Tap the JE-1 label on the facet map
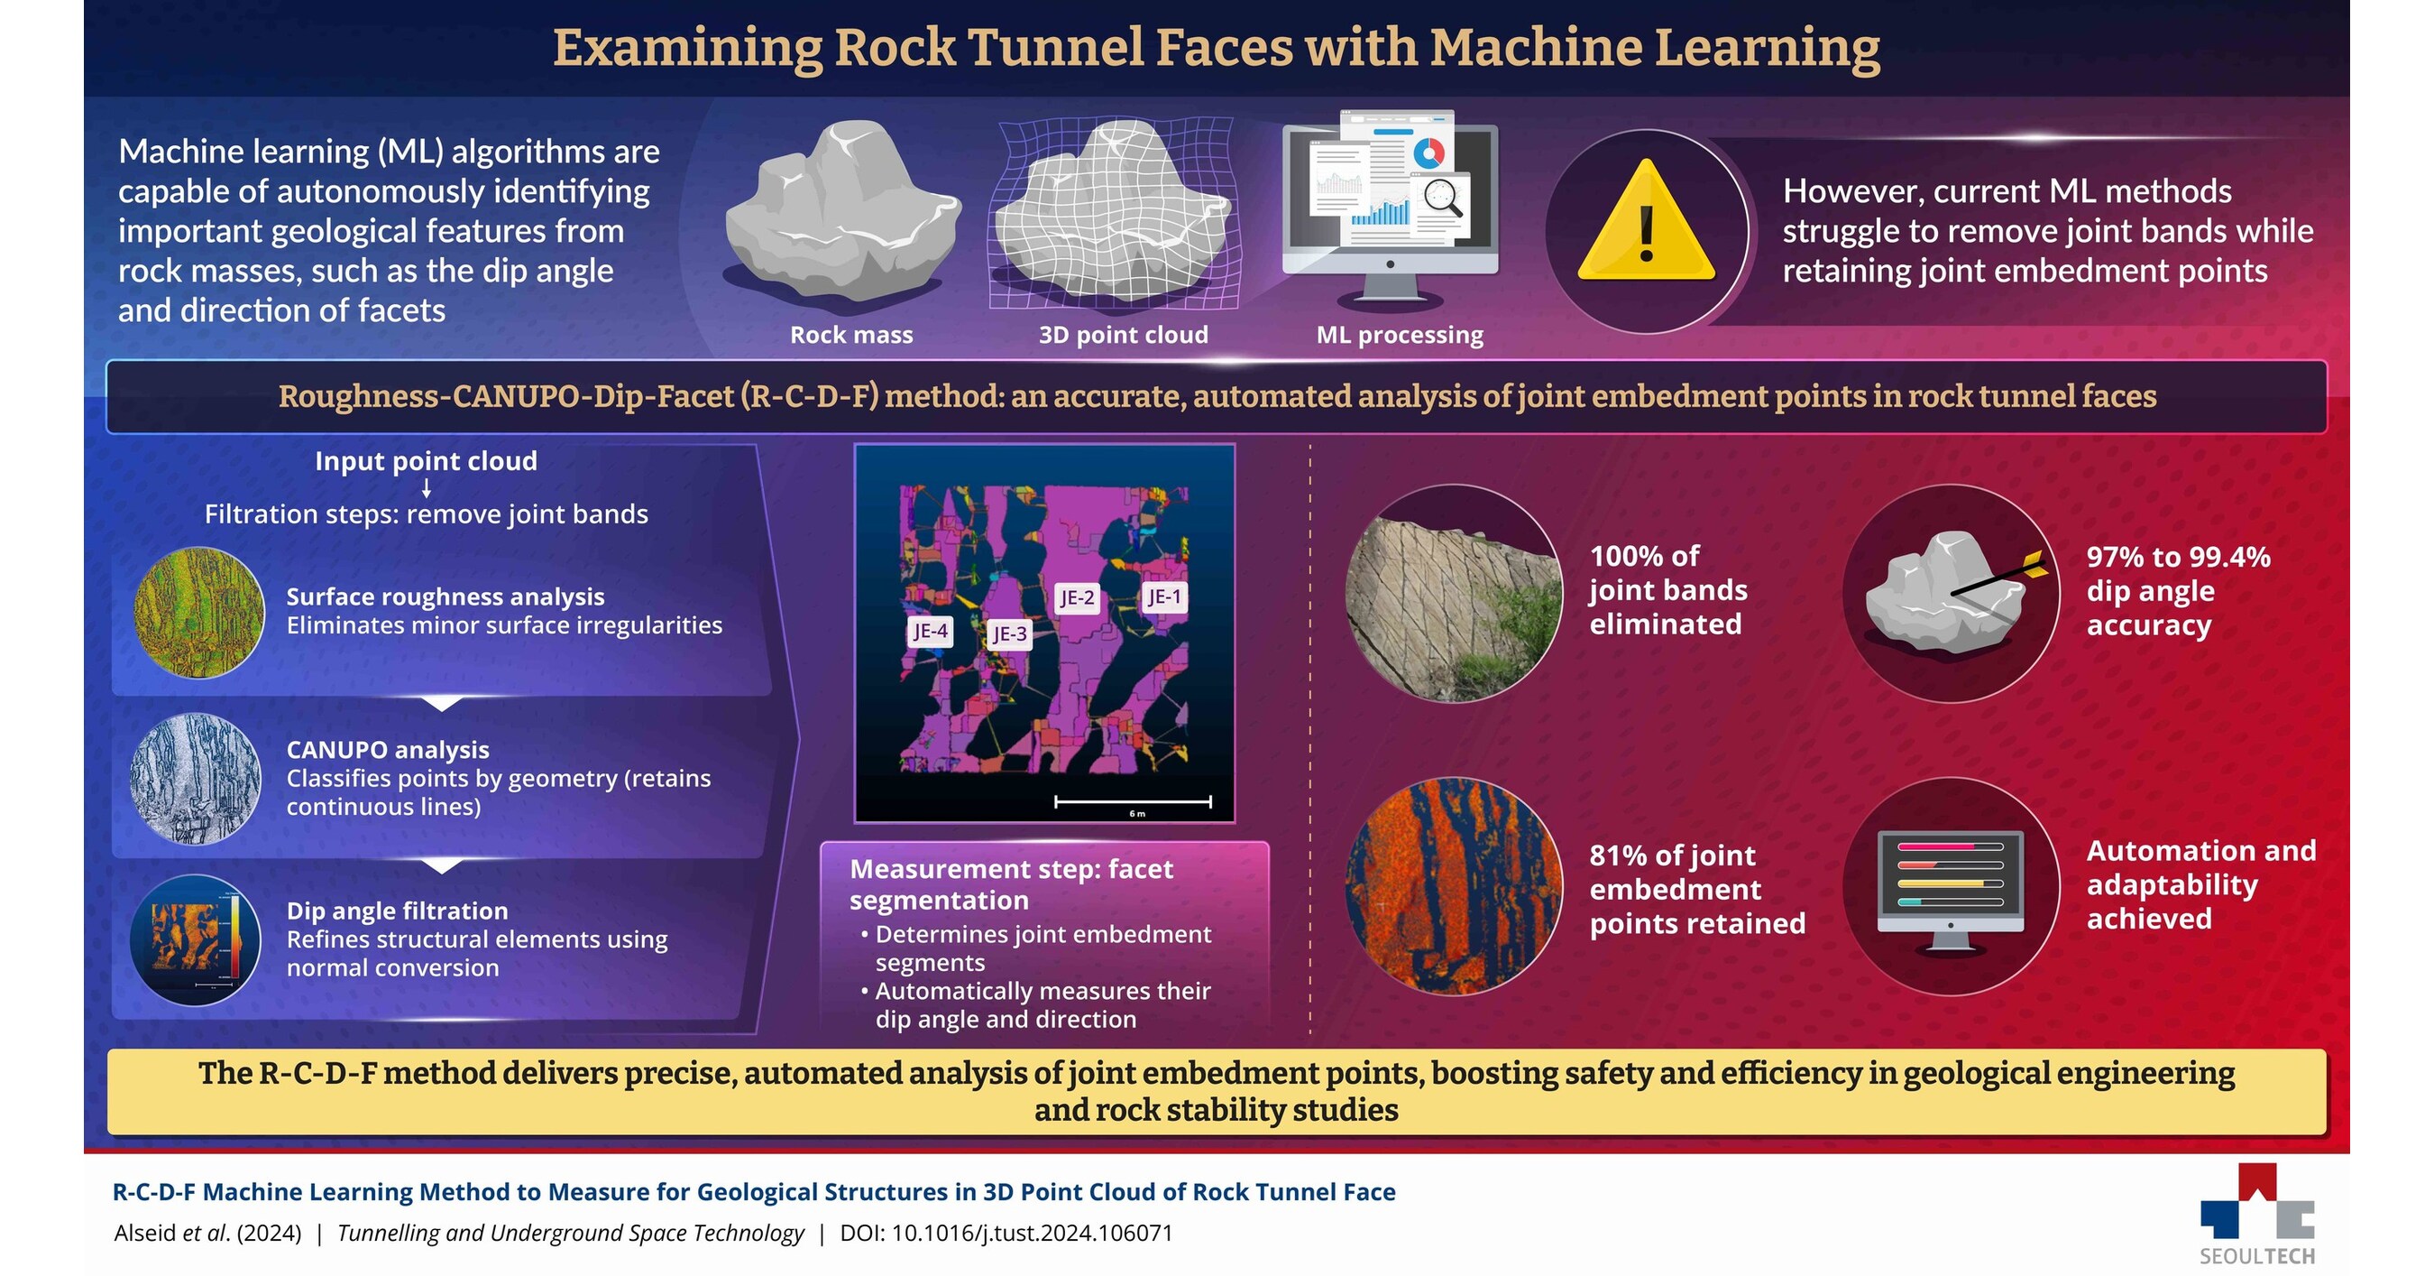coord(1162,597)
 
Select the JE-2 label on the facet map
coord(1076,598)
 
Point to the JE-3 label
coord(1009,634)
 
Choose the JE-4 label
coord(930,632)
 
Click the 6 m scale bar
coord(1133,802)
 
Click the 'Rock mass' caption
coord(850,335)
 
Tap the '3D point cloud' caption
coord(1123,335)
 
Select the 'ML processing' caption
coord(1400,335)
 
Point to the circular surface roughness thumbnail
coord(198,613)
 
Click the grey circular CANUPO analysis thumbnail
coord(196,778)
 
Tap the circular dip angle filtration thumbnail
coord(196,939)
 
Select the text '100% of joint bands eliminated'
coord(1667,590)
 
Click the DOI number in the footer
coord(1032,1234)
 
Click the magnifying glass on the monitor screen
coord(1443,198)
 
